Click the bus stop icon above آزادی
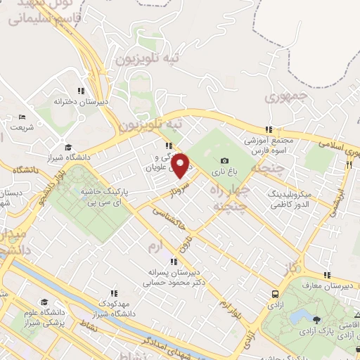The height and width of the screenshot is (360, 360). (274, 294)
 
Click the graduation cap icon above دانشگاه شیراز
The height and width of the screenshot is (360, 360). (69, 147)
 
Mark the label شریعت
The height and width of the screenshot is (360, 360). (21, 127)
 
